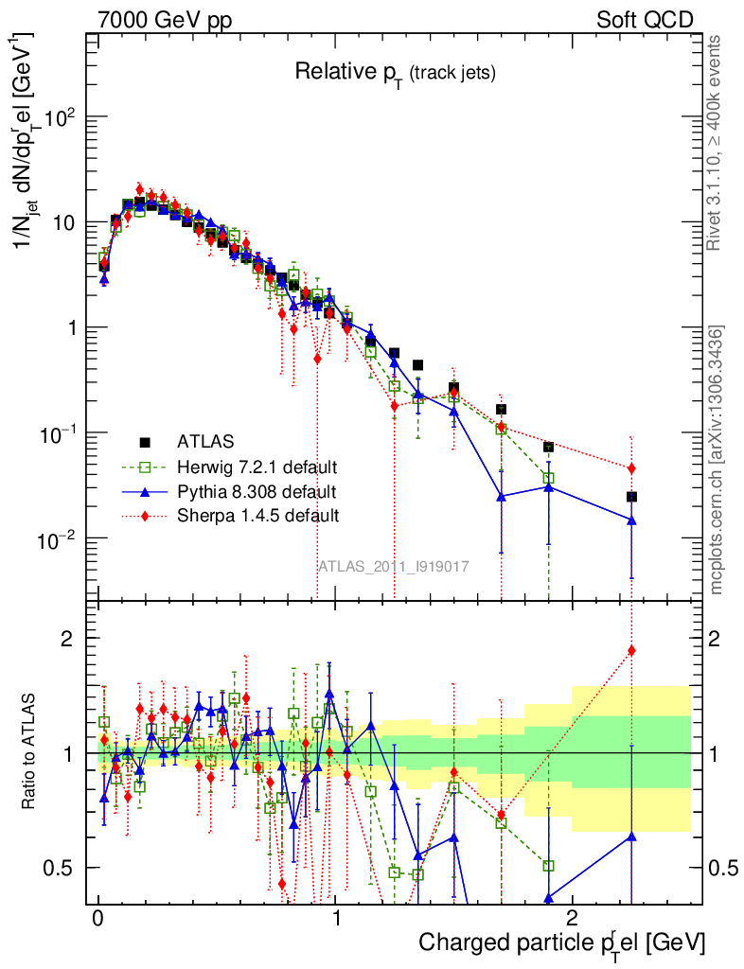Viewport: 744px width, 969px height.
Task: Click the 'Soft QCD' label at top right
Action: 645,19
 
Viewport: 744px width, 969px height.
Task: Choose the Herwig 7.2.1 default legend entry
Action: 257,467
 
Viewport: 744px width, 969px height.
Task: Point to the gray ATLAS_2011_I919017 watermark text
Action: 393,566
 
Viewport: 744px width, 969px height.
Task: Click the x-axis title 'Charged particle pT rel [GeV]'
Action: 561,943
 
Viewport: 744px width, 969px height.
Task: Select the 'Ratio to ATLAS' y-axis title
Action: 31,752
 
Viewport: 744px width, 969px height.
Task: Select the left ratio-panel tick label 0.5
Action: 62,868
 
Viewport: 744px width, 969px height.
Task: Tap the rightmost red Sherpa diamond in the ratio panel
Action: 631,650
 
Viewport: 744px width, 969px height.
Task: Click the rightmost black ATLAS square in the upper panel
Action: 631,497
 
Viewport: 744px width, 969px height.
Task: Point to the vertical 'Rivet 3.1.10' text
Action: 716,142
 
